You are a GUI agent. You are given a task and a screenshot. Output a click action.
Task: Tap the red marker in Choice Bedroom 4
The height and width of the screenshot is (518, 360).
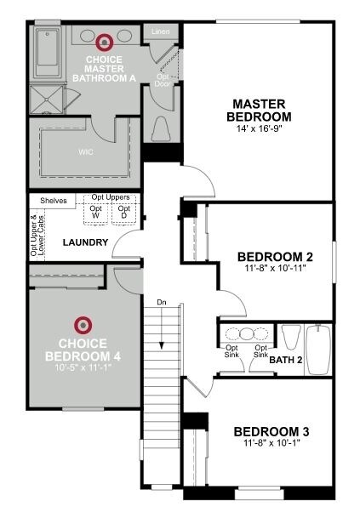pyautogui.click(x=83, y=323)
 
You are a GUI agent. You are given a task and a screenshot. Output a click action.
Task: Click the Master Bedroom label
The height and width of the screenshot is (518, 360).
pyautogui.click(x=261, y=111)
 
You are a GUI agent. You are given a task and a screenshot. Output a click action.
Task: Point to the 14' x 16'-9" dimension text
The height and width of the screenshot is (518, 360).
pyautogui.click(x=261, y=130)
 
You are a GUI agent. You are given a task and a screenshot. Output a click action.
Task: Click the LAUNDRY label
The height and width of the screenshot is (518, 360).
pyautogui.click(x=85, y=243)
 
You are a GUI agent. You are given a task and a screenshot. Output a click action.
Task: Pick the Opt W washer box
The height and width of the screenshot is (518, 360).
pyautogui.click(x=96, y=213)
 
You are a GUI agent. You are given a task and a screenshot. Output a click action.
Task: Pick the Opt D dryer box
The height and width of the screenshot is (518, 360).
pyautogui.click(x=124, y=213)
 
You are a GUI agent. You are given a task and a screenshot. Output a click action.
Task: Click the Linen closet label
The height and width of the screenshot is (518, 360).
pyautogui.click(x=160, y=31)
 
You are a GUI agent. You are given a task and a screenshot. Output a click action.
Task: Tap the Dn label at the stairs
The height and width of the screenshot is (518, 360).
pyautogui.click(x=162, y=303)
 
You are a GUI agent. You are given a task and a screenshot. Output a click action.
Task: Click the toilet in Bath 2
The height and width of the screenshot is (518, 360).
pyautogui.click(x=289, y=339)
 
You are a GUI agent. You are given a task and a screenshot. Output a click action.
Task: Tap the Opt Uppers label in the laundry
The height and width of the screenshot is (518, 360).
pyautogui.click(x=110, y=197)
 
